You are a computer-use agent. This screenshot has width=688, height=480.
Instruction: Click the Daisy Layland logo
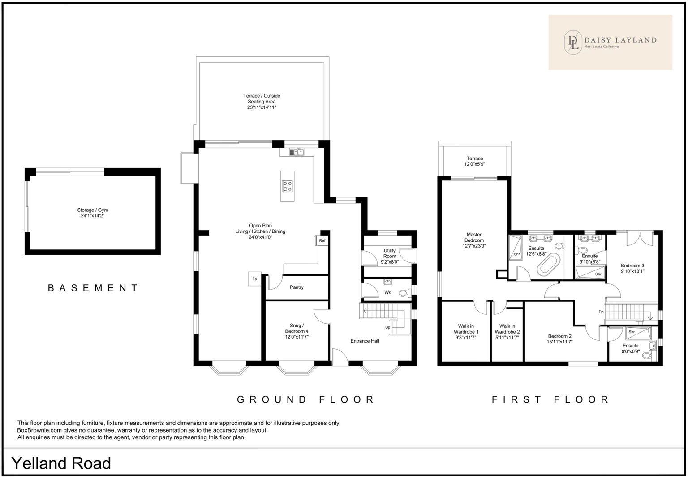[610, 42]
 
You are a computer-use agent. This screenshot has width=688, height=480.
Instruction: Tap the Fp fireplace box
[254, 279]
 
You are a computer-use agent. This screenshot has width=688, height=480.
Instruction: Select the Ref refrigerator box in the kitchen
[322, 241]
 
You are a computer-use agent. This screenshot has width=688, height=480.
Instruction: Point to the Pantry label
[297, 287]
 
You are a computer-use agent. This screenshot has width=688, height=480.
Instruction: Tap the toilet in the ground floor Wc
[405, 293]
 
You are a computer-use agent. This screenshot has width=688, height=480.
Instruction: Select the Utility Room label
[389, 253]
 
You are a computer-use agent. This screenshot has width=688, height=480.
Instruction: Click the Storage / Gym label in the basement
[93, 210]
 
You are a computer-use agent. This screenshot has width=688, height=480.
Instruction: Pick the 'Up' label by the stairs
[387, 327]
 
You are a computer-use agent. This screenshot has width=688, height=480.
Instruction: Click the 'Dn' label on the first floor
[601, 312]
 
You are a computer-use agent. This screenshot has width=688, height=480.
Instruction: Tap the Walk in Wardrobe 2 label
[507, 329]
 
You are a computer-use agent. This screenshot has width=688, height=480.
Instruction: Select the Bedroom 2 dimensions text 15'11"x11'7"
[559, 342]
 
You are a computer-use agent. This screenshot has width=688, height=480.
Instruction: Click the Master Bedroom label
[474, 237]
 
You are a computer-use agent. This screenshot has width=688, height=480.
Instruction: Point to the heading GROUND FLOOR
[305, 399]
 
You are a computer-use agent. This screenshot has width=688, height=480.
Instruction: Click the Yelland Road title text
[61, 463]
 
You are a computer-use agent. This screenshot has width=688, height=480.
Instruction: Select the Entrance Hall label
[365, 341]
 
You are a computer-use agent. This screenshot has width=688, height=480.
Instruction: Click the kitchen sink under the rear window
[297, 152]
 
